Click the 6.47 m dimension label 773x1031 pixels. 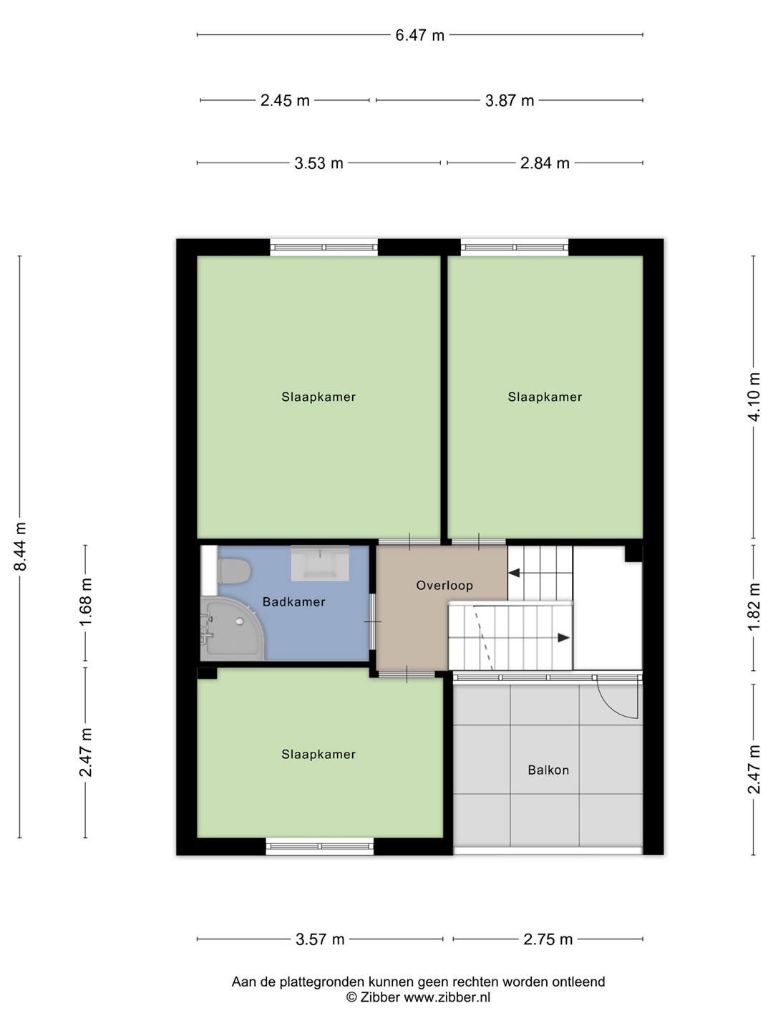tap(419, 35)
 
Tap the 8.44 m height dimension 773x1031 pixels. tap(20, 547)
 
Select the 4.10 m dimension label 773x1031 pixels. tap(754, 397)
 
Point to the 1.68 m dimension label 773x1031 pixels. tap(86, 602)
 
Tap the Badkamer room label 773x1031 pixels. tap(293, 601)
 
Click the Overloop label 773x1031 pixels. tap(444, 585)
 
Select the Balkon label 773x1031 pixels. tap(548, 770)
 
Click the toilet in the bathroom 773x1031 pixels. tap(233, 571)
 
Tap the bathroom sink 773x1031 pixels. tap(320, 563)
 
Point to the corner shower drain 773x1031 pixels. tap(240, 621)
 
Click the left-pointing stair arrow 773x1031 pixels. tap(514, 573)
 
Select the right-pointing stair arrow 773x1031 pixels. tap(563, 638)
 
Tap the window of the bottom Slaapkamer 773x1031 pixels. tap(320, 846)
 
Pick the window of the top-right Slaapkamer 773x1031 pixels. tap(515, 247)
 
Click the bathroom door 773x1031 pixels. tap(373, 621)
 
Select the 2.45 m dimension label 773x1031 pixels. tap(285, 100)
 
